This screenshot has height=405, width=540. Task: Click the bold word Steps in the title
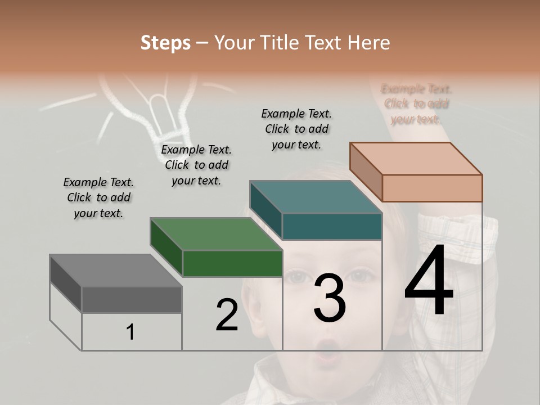coord(165,43)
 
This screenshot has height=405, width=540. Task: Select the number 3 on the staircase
coord(330,298)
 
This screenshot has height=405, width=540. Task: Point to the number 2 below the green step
coord(227,316)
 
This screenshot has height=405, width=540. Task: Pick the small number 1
coord(130,332)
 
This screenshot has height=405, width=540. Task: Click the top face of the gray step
coord(115,271)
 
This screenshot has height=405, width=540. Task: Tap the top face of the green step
coord(216,234)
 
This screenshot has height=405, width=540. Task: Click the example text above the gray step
coord(98,197)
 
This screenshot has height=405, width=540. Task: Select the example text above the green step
coord(196,165)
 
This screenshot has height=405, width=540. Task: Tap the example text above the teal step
coord(296,129)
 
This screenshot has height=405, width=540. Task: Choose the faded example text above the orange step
coord(416,104)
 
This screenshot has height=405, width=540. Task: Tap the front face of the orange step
coord(432,188)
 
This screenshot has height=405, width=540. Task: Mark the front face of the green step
coord(232,263)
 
